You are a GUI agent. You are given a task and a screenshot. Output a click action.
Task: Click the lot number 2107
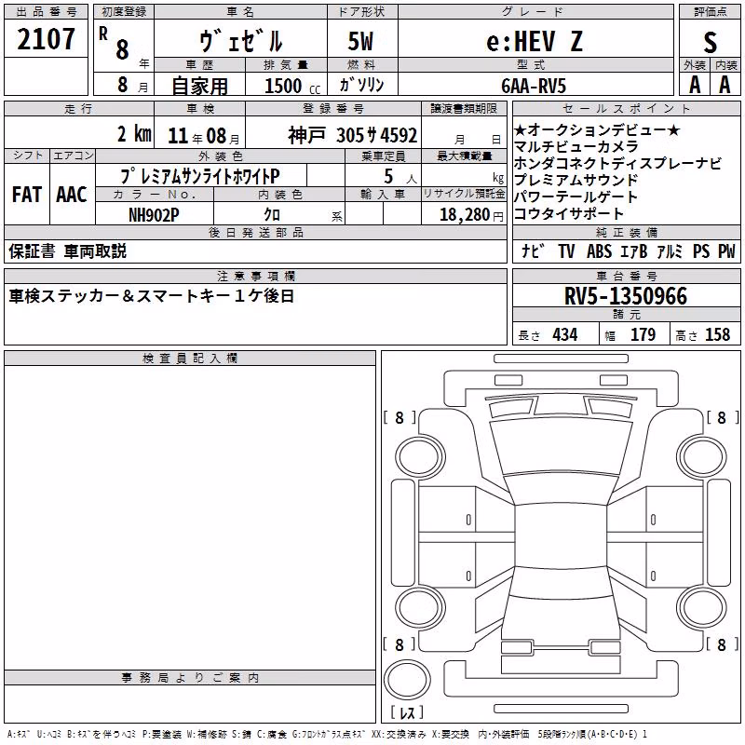click(x=46, y=39)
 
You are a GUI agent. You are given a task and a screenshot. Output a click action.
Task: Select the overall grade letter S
click(x=710, y=42)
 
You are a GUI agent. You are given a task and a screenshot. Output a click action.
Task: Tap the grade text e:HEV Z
click(x=535, y=41)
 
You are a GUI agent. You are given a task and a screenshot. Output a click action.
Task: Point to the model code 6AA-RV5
click(x=534, y=86)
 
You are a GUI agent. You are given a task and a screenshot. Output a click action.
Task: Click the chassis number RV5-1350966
click(x=626, y=296)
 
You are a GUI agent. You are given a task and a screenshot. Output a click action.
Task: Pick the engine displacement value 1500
click(x=283, y=86)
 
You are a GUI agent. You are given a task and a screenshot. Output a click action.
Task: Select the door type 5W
click(x=360, y=41)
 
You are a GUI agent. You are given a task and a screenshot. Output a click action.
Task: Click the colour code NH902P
click(x=154, y=215)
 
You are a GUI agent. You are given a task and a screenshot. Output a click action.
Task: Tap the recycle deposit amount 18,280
click(x=465, y=215)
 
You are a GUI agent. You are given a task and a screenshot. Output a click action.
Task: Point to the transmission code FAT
click(x=27, y=195)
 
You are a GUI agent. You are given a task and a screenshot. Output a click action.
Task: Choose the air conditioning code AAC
click(x=72, y=195)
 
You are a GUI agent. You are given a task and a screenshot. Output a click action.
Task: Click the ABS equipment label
click(x=599, y=251)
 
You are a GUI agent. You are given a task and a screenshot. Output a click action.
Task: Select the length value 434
click(x=565, y=334)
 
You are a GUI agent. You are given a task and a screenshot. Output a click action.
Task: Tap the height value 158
click(x=717, y=334)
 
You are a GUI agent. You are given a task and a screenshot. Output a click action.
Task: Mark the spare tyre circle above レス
click(x=407, y=680)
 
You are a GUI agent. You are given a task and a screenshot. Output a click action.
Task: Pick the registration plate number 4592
click(x=399, y=136)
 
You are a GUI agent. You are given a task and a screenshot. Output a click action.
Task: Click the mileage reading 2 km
click(x=134, y=134)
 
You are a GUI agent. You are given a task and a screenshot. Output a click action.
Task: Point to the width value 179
click(x=643, y=334)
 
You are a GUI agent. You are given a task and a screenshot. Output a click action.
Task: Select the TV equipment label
click(x=566, y=251)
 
